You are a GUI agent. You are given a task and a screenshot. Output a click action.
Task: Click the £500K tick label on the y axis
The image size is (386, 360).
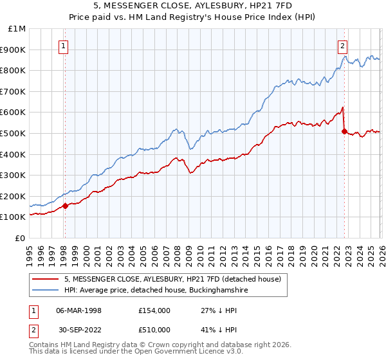(13, 133)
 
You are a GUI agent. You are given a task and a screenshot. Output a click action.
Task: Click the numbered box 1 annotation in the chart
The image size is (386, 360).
(64, 46)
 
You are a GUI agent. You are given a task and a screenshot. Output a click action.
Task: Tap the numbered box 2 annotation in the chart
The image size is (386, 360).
(343, 46)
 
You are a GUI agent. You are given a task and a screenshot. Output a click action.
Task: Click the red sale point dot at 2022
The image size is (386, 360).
(344, 131)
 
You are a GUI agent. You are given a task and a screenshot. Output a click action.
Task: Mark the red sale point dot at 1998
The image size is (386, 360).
(65, 206)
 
